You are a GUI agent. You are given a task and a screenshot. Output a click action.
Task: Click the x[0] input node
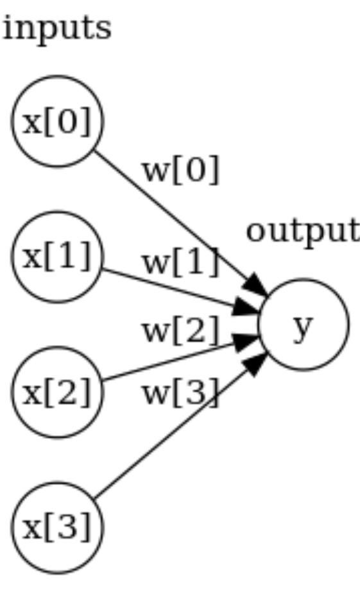tap(57, 121)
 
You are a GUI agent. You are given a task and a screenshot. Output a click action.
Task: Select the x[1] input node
tap(57, 257)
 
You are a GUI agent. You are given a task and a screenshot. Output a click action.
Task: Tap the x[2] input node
tap(57, 392)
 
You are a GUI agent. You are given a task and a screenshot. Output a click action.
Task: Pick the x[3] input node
tap(57, 527)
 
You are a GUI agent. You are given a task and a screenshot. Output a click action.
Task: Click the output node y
tap(304, 325)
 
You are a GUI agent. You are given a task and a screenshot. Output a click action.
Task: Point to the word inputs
tap(56, 28)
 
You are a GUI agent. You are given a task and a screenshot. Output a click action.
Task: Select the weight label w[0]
tap(180, 171)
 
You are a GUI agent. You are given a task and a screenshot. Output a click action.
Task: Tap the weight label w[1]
tap(180, 262)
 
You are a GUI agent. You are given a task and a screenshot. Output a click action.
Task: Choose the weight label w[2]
tap(180, 331)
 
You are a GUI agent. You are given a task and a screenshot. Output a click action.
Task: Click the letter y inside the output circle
tap(303, 327)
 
